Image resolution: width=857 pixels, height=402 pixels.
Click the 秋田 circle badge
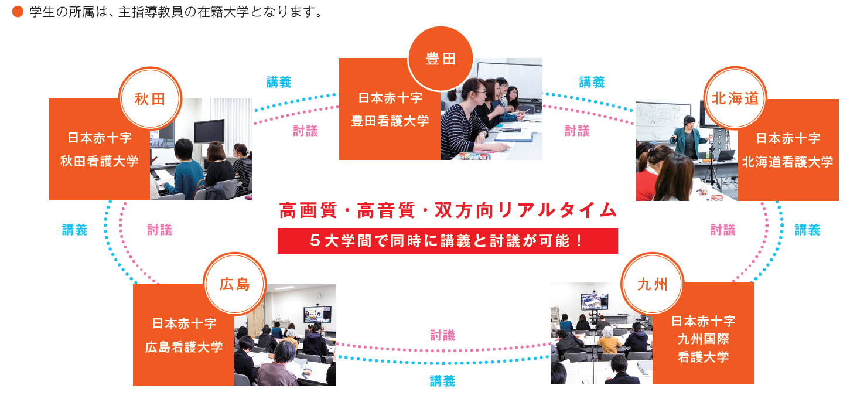(150, 98)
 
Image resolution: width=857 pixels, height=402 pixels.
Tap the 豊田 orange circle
(441, 59)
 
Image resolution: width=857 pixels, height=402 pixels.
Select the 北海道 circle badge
(735, 98)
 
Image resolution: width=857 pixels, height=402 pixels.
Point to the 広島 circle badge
(234, 284)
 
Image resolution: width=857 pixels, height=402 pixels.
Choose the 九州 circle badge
(653, 284)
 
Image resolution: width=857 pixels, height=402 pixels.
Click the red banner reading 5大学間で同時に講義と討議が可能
(448, 241)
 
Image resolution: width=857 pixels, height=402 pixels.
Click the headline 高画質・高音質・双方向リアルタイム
(448, 210)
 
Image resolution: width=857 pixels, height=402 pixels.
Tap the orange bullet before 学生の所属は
(18, 12)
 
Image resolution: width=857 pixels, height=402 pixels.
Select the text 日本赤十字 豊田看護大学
(390, 110)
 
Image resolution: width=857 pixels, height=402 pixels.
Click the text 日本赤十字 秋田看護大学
(100, 149)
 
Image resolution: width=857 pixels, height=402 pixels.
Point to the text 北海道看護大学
(788, 162)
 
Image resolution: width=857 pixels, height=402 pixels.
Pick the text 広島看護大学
(184, 348)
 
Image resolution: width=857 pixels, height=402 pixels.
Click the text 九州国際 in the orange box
(703, 339)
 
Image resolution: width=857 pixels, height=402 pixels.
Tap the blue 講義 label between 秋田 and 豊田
(279, 82)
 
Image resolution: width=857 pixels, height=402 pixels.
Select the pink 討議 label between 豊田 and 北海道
(578, 131)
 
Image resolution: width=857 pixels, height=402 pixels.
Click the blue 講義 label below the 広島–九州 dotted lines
(443, 381)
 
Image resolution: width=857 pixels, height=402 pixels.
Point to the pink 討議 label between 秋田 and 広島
(159, 230)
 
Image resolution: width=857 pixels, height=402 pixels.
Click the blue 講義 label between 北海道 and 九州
(808, 230)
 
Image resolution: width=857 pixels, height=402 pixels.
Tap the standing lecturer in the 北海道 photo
(688, 137)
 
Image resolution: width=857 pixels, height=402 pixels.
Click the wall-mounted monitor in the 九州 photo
(594, 301)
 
